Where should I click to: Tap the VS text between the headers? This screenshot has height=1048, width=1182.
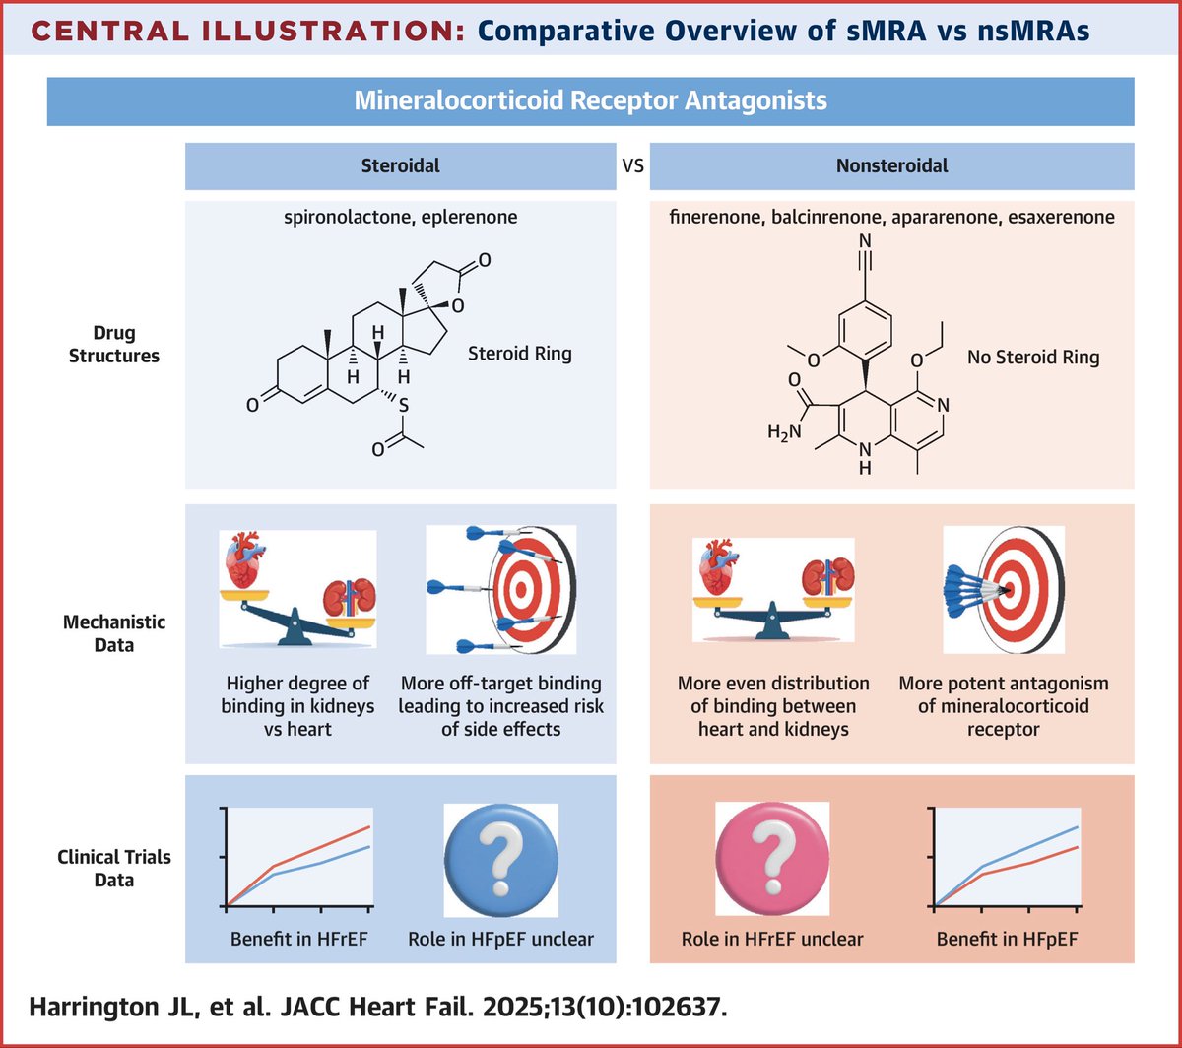coord(632,165)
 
